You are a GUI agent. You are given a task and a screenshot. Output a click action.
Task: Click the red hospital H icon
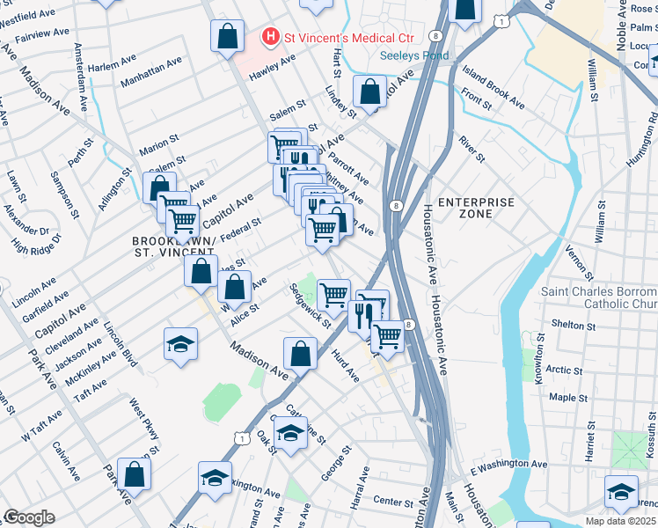pyautogui.click(x=270, y=37)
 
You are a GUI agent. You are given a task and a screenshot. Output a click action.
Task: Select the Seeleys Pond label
pyautogui.click(x=413, y=56)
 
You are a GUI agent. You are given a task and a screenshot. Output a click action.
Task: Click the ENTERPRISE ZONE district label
pyautogui.click(x=476, y=208)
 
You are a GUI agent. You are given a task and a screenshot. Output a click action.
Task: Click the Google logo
pyautogui.click(x=29, y=517)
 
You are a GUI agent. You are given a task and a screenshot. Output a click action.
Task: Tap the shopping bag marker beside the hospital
pyautogui.click(x=227, y=37)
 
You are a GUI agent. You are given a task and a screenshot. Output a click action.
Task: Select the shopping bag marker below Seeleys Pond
pyautogui.click(x=370, y=91)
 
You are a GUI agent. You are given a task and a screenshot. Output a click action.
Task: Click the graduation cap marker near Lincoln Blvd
pyautogui.click(x=180, y=344)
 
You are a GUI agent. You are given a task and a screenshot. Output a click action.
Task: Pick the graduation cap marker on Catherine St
pyautogui.click(x=291, y=432)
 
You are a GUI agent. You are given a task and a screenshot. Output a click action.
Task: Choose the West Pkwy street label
pyautogui.click(x=143, y=428)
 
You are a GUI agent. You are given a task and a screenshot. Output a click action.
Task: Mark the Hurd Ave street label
pyautogui.click(x=346, y=364)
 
